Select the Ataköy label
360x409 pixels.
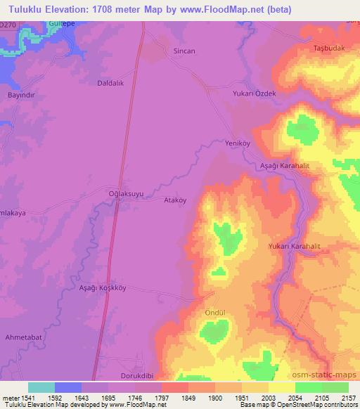[x=174, y=199]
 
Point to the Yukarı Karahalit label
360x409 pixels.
[x=294, y=247]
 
